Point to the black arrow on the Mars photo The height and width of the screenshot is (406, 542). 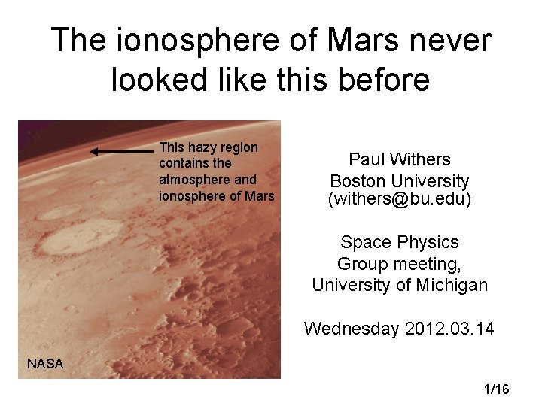120,151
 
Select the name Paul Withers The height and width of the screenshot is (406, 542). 400,159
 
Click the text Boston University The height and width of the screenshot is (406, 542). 400,181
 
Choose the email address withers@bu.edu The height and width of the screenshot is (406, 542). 400,200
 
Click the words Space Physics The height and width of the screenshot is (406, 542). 400,242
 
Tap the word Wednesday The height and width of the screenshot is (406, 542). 350,329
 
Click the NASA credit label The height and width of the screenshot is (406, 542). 45,364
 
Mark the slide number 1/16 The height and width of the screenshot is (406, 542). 497,389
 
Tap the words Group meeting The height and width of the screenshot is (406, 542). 400,264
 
